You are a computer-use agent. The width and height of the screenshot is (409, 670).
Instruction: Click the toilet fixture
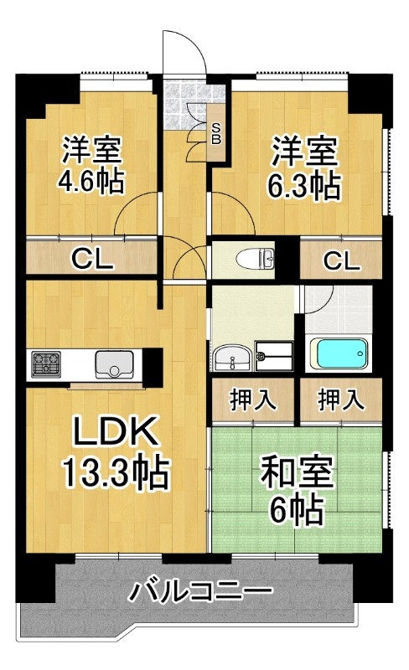[256, 259]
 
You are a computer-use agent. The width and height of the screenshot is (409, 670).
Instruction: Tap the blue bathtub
[339, 353]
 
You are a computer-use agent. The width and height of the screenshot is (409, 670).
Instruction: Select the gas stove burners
[45, 363]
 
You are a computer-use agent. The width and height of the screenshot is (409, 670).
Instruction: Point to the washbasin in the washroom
[232, 358]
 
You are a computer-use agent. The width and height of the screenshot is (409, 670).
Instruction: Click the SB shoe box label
[216, 133]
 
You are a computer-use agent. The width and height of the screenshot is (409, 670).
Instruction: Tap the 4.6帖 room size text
[91, 182]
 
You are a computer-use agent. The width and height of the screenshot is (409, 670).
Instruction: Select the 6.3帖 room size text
[304, 186]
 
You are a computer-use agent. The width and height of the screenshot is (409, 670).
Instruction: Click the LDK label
[114, 432]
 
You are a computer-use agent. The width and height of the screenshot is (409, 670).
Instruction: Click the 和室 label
[298, 473]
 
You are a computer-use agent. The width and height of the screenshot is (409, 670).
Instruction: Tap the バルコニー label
[201, 592]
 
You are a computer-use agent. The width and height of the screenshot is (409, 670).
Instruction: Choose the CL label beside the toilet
[341, 260]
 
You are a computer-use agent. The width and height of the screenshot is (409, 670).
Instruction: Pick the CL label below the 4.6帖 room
[92, 259]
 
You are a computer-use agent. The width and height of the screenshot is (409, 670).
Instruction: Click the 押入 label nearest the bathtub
[340, 400]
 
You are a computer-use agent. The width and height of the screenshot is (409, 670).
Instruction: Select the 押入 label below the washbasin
[253, 400]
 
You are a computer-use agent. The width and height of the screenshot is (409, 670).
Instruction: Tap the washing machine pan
[274, 355]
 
